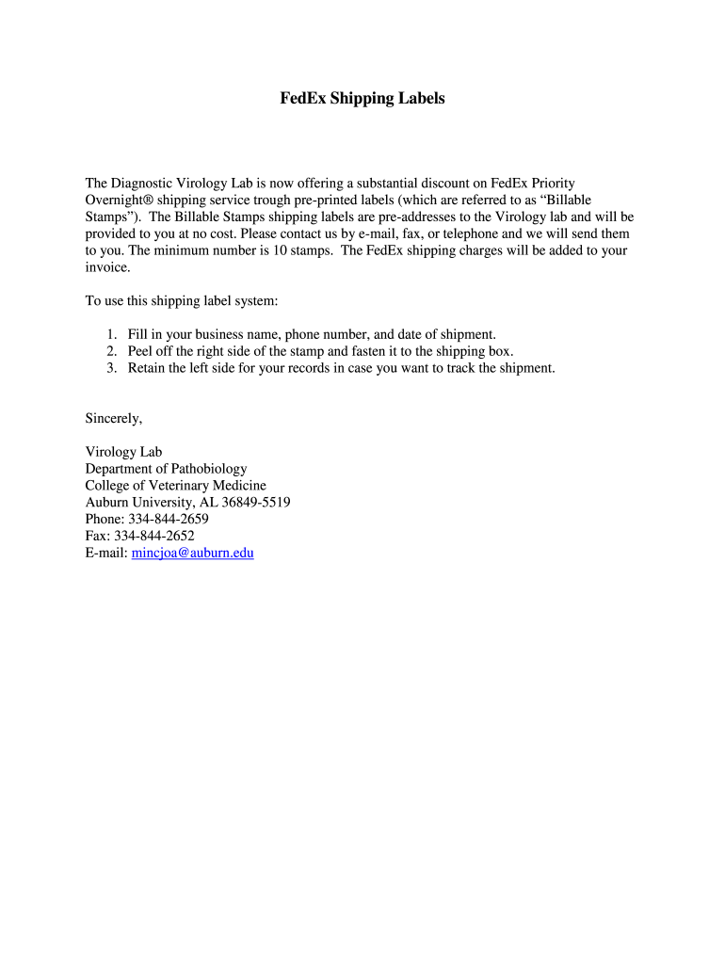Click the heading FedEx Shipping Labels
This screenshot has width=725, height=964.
[362, 98]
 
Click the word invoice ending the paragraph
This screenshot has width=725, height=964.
[106, 267]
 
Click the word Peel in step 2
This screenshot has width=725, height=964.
[142, 351]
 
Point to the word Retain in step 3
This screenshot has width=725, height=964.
[149, 368]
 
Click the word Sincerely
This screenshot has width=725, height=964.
[113, 418]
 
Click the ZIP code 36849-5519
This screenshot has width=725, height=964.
[256, 503]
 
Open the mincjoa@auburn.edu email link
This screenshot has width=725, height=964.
[193, 554]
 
